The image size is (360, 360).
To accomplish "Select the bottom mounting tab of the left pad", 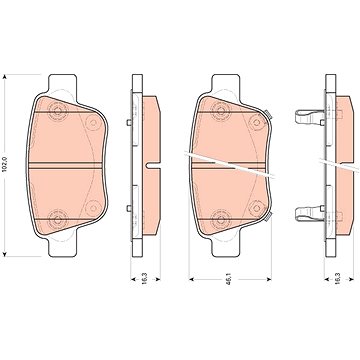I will pyautogui.click(x=66, y=247).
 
